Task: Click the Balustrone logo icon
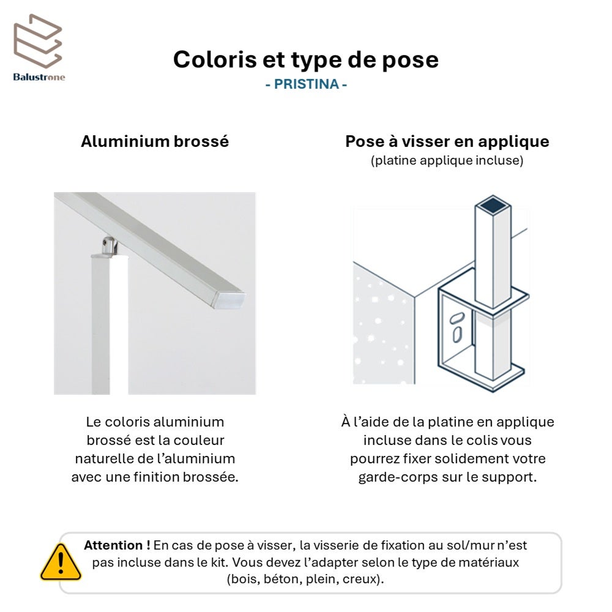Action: coord(39,41)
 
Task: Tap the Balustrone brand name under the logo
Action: coord(39,77)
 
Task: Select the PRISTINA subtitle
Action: coord(306,84)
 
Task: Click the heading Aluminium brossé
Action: coord(155,142)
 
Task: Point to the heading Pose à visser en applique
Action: coord(447,142)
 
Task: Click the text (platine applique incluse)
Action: coord(447,161)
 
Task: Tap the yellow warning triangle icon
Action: coord(61,562)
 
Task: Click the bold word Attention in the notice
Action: coord(113,545)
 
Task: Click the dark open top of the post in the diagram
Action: coord(493,204)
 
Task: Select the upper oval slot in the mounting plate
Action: coord(457,318)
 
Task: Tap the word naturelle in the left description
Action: coord(106,459)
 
